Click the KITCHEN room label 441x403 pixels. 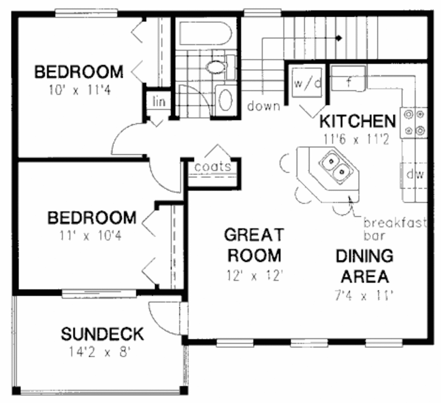tap(357, 121)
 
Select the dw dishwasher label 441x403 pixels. tap(415, 175)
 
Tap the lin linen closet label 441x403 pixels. tap(158, 102)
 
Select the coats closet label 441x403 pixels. tap(213, 166)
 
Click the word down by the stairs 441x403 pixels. tap(263, 106)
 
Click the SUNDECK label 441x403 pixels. tap(102, 334)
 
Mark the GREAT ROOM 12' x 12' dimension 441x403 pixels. tap(254, 275)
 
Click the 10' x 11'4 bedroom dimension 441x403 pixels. tap(80, 91)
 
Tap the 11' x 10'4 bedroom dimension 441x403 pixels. tap(91, 236)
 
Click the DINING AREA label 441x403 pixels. tap(364, 266)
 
